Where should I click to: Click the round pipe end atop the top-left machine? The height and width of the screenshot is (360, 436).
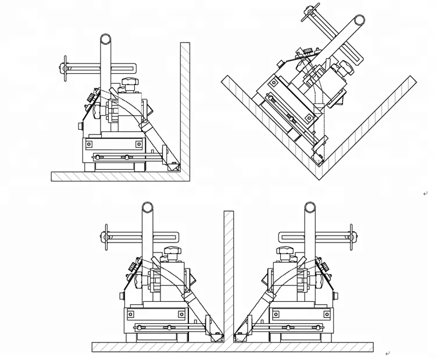[x=105, y=39]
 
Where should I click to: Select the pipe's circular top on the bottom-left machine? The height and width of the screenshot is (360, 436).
[x=148, y=207]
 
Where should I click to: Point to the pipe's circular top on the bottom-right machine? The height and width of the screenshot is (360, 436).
[x=310, y=207]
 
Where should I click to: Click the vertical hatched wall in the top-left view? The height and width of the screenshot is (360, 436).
[x=185, y=105]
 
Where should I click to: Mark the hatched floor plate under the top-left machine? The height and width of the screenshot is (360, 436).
[x=116, y=176]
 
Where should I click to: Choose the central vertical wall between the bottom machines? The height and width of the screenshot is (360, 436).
[x=228, y=273]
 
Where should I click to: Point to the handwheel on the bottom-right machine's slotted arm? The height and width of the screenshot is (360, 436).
[x=351, y=237]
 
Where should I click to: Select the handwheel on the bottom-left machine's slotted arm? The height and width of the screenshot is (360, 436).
[x=105, y=237]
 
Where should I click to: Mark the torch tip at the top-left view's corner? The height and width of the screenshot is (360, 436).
[x=173, y=166]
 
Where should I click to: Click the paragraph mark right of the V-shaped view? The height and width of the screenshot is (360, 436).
[x=425, y=194]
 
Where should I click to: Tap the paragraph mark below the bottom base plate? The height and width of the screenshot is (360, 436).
[x=387, y=353]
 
